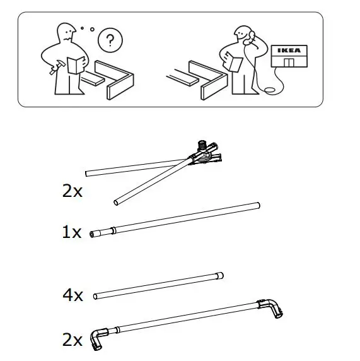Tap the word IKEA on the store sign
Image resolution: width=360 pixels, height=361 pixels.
pos(290,51)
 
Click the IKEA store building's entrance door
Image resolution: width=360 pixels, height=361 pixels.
pos(289,62)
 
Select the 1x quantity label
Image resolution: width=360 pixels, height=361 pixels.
pos(72,233)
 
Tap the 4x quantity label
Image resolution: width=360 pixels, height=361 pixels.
pos(72,295)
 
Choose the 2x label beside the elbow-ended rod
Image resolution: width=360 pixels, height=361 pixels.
pos(72,341)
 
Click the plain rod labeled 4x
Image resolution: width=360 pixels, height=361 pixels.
pos(158,285)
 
